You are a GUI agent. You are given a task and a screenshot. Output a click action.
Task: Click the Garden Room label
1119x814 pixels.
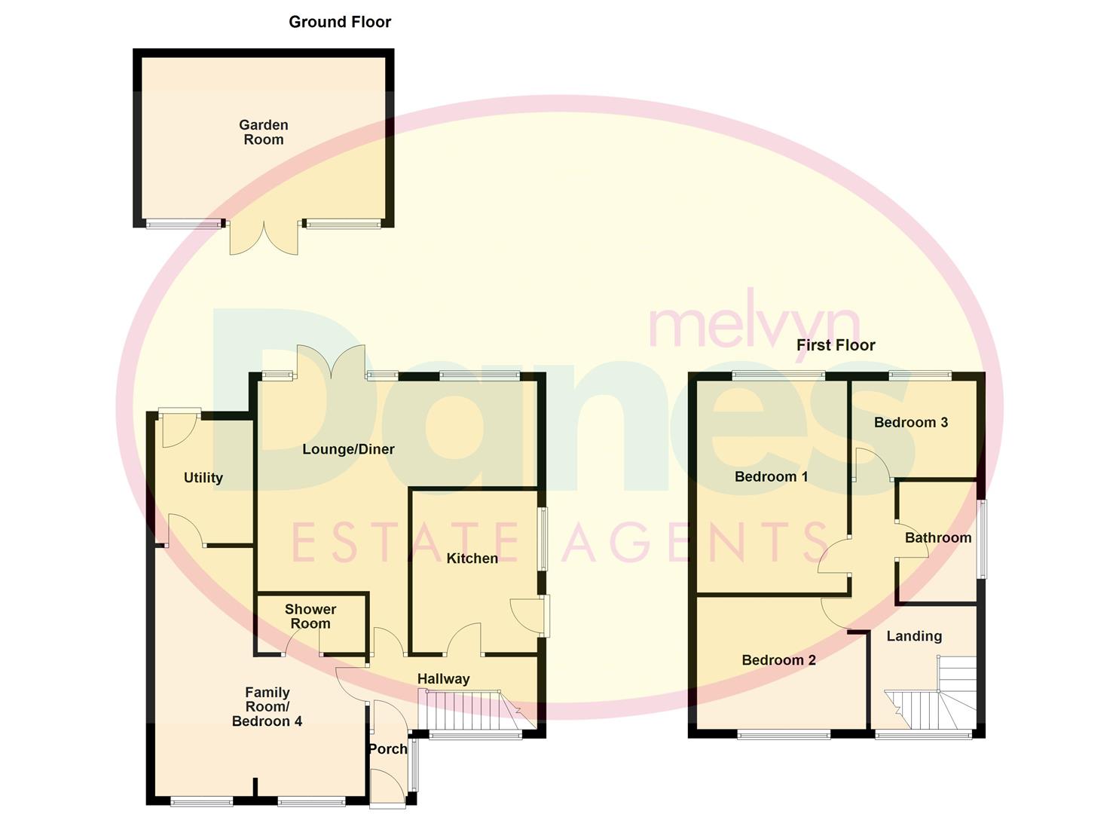click(264, 132)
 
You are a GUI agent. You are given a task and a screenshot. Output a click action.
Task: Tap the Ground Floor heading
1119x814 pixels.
click(340, 22)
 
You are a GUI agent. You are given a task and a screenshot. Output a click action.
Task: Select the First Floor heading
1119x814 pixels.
click(836, 345)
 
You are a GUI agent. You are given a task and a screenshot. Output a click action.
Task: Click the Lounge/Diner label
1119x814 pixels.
click(348, 449)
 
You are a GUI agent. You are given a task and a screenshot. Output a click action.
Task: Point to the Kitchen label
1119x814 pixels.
click(472, 558)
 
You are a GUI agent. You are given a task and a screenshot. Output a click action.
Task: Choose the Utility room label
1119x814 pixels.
click(203, 478)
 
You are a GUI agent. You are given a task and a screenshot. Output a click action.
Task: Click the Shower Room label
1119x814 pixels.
click(310, 616)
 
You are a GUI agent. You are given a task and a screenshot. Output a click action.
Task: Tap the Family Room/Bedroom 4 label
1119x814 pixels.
click(267, 706)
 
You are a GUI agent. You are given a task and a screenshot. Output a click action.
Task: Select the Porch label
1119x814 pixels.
click(387, 748)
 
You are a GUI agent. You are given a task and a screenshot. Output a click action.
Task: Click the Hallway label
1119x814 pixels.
click(443, 679)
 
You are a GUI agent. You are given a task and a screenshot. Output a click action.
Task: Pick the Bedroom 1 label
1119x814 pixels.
click(771, 476)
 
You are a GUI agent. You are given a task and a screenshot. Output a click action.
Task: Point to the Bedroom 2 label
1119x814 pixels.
click(778, 660)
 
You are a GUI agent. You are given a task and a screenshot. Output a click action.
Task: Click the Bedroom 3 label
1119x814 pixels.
click(910, 422)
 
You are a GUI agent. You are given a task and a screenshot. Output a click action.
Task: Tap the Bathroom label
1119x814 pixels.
click(937, 537)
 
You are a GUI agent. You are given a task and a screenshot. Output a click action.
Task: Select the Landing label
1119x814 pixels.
click(913, 636)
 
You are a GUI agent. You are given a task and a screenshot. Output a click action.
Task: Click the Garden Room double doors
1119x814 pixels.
click(264, 237)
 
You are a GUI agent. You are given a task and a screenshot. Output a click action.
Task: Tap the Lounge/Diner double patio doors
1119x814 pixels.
click(332, 360)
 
